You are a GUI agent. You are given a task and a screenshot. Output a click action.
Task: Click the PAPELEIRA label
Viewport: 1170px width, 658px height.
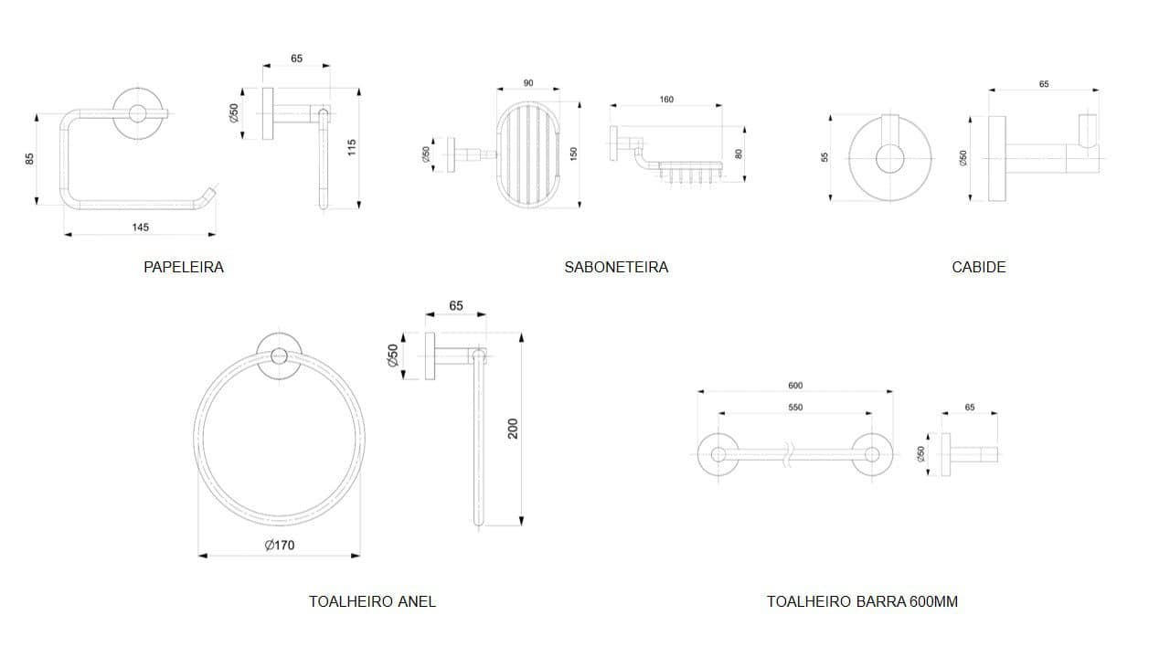pyautogui.click(x=184, y=267)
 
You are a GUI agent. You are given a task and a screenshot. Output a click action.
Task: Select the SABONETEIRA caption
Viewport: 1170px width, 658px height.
pyautogui.click(x=616, y=267)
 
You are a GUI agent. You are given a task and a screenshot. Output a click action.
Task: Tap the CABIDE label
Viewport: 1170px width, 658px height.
pyautogui.click(x=979, y=267)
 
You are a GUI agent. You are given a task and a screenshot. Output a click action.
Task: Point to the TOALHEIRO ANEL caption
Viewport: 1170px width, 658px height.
pyautogui.click(x=372, y=601)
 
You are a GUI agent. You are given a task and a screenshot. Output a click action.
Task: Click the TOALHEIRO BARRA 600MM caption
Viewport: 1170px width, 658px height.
pyautogui.click(x=862, y=601)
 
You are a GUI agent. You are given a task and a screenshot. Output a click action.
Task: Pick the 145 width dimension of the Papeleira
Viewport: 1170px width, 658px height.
pyautogui.click(x=140, y=228)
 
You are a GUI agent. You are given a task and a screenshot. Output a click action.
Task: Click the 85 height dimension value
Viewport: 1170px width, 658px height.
pyautogui.click(x=30, y=159)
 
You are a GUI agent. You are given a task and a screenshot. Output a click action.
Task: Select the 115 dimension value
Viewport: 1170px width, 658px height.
pyautogui.click(x=352, y=147)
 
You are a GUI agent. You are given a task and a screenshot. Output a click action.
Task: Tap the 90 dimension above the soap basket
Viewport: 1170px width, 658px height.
pyautogui.click(x=528, y=83)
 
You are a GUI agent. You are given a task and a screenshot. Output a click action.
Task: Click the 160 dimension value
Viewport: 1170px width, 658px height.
pyautogui.click(x=666, y=100)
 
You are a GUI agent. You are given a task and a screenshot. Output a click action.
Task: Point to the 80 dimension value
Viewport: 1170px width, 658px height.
pyautogui.click(x=739, y=154)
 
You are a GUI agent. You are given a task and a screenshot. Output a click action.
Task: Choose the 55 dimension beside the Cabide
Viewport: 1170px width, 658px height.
pyautogui.click(x=824, y=157)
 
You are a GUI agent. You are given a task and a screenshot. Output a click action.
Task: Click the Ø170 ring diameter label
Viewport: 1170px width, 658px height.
pyautogui.click(x=280, y=546)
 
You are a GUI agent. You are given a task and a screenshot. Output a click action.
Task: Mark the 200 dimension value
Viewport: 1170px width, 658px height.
pyautogui.click(x=513, y=429)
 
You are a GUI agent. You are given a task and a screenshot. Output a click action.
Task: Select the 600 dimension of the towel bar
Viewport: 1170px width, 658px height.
pyautogui.click(x=795, y=386)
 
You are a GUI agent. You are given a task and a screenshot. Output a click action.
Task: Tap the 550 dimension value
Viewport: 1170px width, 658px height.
pyautogui.click(x=795, y=408)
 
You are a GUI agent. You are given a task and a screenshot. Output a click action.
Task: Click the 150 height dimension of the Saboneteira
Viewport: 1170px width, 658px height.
pyautogui.click(x=573, y=154)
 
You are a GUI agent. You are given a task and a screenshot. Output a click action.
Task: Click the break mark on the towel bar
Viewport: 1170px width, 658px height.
pyautogui.click(x=789, y=455)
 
